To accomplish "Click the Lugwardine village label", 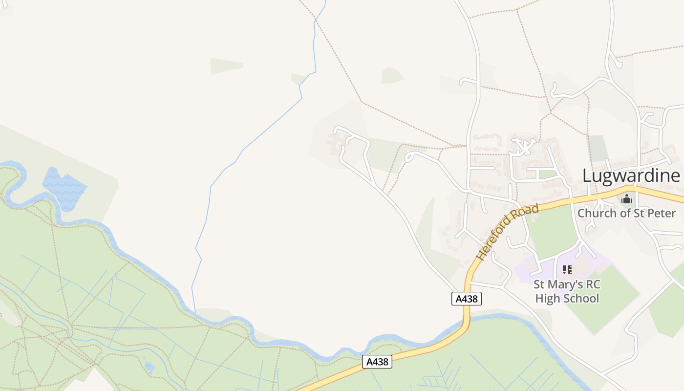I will (x=631, y=175).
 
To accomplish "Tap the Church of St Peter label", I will (x=626, y=213).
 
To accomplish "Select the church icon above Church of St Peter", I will (x=627, y=199).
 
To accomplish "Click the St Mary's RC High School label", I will (x=567, y=291).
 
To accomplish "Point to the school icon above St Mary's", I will (x=567, y=269).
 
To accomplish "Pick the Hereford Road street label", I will (x=508, y=232).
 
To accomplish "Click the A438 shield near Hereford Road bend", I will (x=466, y=299).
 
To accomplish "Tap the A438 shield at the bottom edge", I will (x=377, y=362).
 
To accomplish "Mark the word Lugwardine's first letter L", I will (x=587, y=175).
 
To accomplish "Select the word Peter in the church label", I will (x=661, y=213).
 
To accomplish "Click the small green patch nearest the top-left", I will (x=226, y=66).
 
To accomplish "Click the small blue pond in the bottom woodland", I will (x=150, y=366).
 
